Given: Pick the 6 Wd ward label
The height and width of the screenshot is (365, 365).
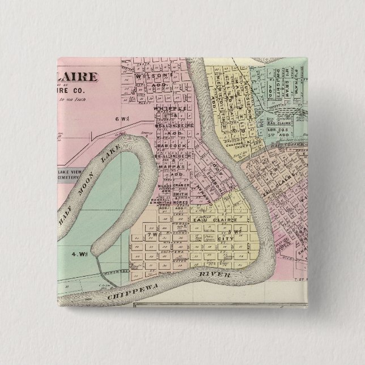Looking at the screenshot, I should click(x=120, y=118).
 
